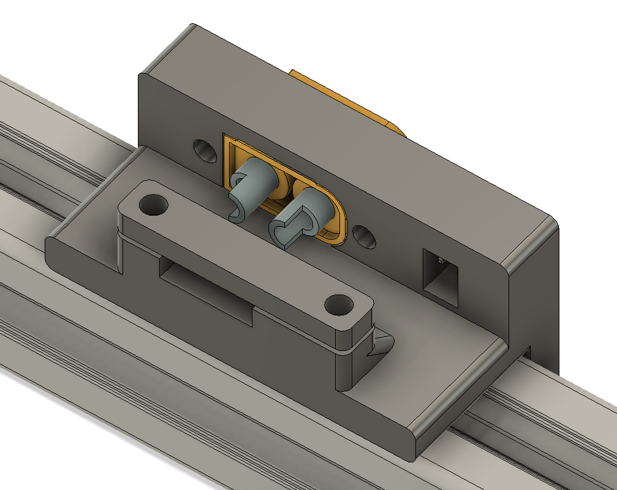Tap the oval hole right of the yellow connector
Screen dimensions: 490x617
point(365,236)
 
